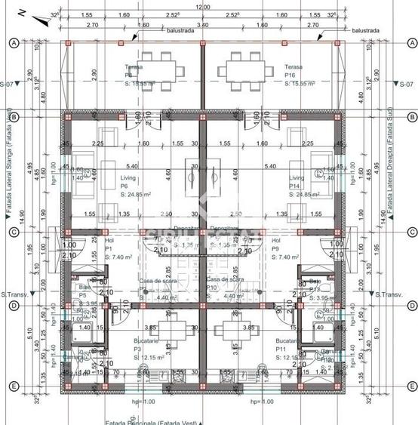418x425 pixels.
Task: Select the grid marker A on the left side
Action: pyautogui.click(x=13, y=43)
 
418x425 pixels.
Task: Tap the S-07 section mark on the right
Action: pyautogui.click(x=407, y=83)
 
